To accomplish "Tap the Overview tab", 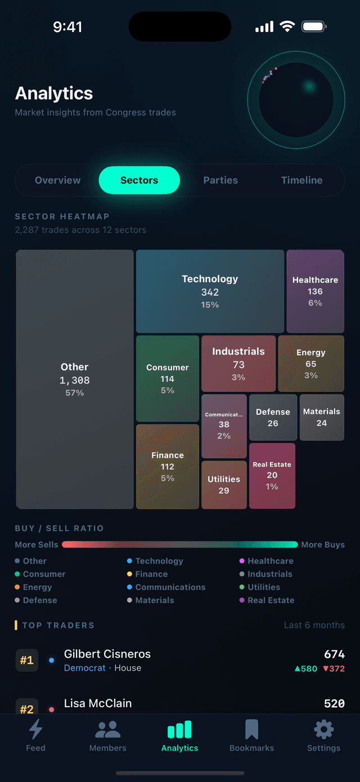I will [57, 180].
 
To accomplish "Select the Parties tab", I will [220, 180].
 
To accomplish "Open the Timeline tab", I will [301, 180].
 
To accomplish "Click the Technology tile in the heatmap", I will [210, 291].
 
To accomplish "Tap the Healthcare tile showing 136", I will [315, 291].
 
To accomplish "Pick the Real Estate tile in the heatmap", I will [272, 476].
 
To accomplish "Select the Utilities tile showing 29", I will [224, 485].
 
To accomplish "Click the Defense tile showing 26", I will [273, 417].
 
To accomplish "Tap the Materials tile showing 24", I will [322, 417].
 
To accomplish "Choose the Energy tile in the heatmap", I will [311, 363].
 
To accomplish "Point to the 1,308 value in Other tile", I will [75, 381].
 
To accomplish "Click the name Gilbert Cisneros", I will [107, 654].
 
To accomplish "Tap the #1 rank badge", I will [26, 661].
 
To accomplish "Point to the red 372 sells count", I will [334, 668].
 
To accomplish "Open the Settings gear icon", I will [323, 730].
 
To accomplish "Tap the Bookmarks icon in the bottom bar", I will [251, 730].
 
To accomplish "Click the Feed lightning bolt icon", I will [35, 730].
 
